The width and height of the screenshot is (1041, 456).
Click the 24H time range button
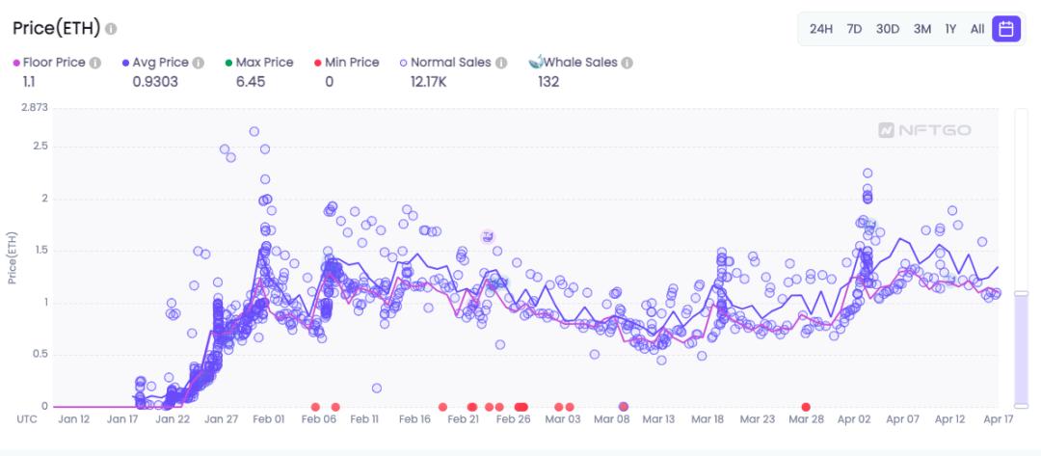(820, 29)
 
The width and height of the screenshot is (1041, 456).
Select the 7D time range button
(854, 29)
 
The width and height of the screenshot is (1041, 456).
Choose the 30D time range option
(888, 29)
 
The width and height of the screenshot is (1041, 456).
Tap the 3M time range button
(922, 29)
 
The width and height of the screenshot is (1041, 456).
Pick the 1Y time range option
(950, 29)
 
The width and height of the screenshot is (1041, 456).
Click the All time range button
(977, 29)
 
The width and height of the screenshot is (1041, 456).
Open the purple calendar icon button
(1006, 29)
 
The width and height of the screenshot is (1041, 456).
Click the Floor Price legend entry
(55, 63)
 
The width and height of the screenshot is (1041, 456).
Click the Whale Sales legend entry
(579, 63)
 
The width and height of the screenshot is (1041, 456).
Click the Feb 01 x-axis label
(268, 419)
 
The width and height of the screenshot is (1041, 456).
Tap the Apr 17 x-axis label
(999, 419)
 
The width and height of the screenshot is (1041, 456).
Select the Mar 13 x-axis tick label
(658, 419)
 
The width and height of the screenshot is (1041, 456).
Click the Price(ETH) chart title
(57, 29)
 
